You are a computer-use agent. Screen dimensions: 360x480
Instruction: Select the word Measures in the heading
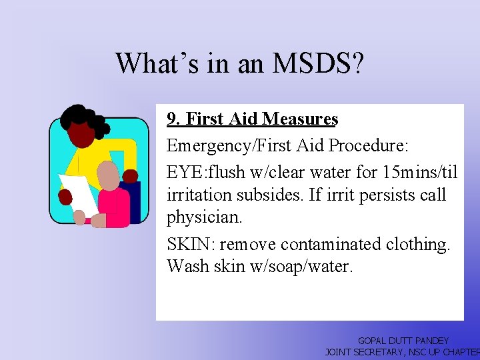point(301,119)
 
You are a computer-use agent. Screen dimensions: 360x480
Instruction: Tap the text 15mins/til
point(420,173)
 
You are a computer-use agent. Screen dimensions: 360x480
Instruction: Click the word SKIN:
point(187,244)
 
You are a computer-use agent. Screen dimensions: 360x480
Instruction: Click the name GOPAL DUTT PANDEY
point(403,341)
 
